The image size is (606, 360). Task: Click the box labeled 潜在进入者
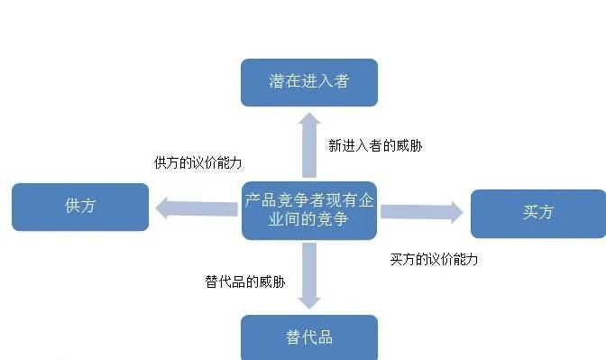click(308, 82)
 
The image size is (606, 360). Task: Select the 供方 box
click(80, 207)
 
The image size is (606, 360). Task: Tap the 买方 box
click(537, 213)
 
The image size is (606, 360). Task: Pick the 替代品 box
click(308, 337)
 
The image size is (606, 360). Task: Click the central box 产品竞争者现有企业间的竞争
click(308, 210)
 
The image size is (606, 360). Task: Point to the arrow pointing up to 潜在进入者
click(308, 144)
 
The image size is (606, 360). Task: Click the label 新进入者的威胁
click(374, 145)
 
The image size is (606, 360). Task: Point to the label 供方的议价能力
click(197, 162)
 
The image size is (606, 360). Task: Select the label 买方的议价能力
click(433, 259)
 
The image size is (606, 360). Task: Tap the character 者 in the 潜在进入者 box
click(339, 82)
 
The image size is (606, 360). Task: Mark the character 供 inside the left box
click(72, 207)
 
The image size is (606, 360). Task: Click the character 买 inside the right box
click(529, 213)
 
